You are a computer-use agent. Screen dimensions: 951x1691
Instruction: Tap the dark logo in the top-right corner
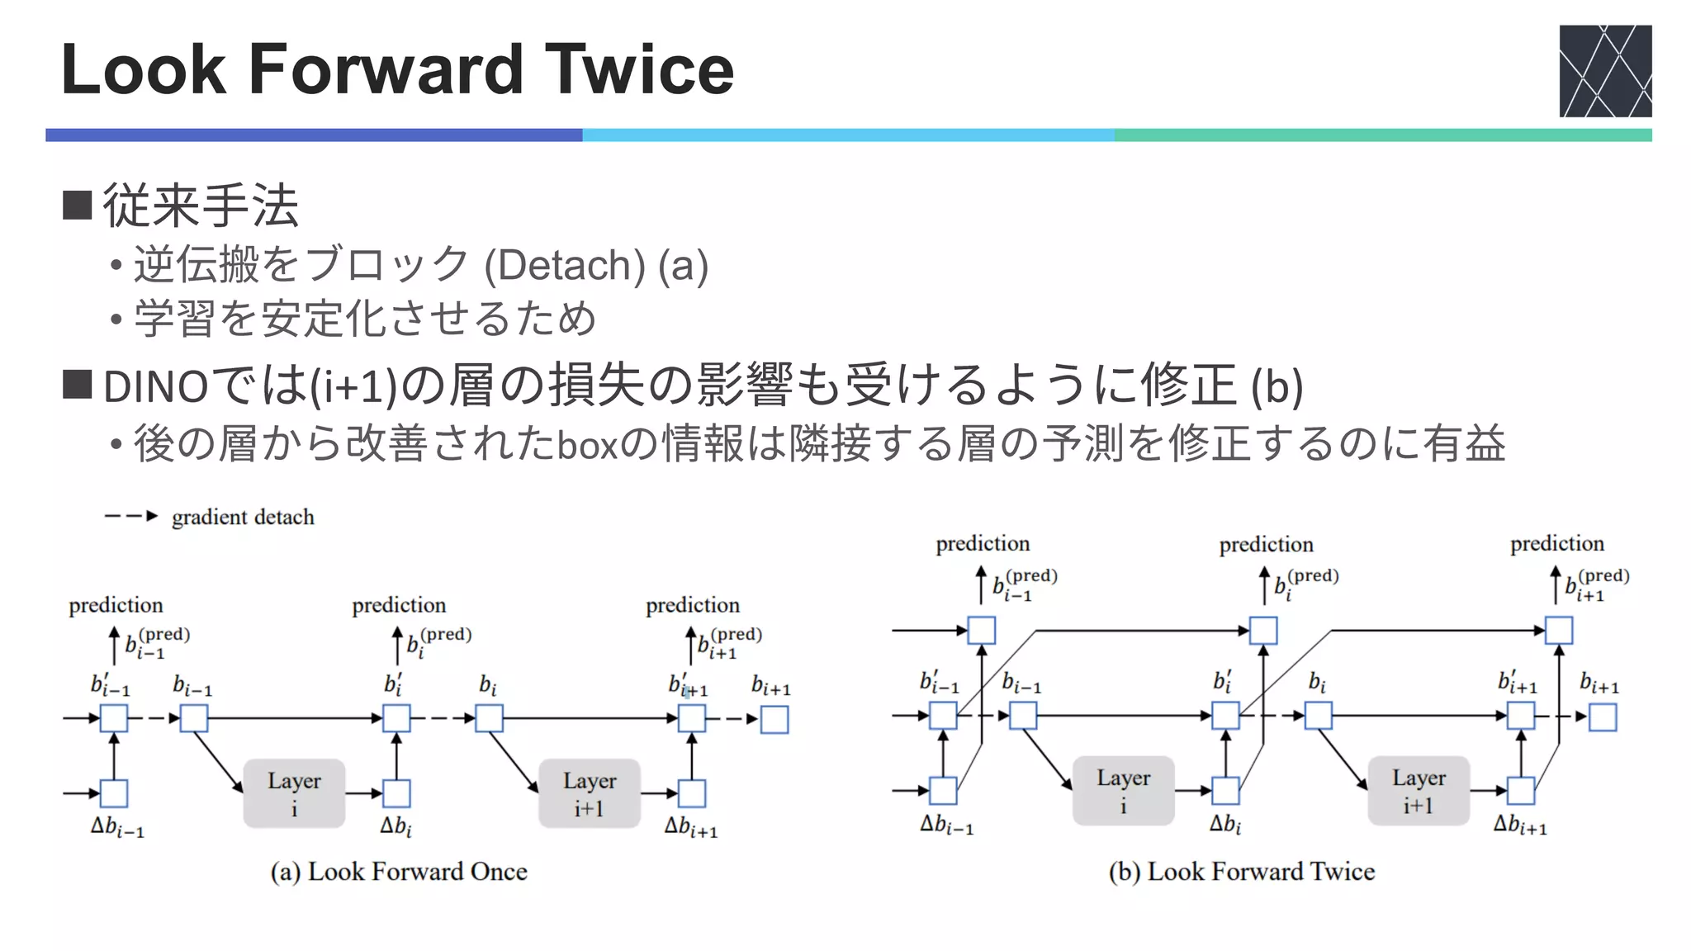click(x=1604, y=71)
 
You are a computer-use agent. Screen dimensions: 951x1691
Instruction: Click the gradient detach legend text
click(x=243, y=518)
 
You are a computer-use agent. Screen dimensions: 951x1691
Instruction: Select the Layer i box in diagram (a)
click(x=294, y=793)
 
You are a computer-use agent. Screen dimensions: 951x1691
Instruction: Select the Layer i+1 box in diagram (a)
click(x=590, y=793)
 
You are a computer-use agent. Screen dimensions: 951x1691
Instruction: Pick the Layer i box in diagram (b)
click(x=1123, y=791)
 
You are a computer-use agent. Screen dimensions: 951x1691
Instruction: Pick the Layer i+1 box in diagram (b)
click(x=1419, y=791)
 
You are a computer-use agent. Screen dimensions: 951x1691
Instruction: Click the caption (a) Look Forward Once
click(x=399, y=872)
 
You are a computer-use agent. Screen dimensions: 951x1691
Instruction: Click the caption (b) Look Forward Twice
click(x=1242, y=872)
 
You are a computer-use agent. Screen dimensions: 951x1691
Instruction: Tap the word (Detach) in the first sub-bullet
click(x=565, y=266)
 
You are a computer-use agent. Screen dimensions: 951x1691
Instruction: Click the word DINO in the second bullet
click(x=155, y=386)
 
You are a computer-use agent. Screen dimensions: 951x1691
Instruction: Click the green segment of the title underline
click(x=1383, y=135)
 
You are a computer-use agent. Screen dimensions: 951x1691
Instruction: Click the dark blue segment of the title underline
click(x=314, y=135)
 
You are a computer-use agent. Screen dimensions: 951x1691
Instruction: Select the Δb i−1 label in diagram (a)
click(x=117, y=827)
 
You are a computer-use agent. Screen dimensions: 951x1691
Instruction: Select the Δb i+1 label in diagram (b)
click(x=1519, y=825)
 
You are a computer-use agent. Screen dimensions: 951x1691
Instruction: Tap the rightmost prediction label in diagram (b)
click(x=1556, y=544)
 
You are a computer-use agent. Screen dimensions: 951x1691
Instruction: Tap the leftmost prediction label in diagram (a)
click(x=116, y=605)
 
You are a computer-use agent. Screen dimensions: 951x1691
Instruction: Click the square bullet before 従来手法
click(x=77, y=205)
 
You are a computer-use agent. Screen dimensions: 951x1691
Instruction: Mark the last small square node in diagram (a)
click(x=774, y=719)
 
